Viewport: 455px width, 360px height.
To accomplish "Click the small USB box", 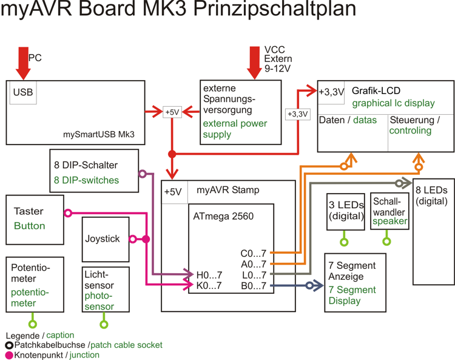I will pyautogui.click(x=23, y=93).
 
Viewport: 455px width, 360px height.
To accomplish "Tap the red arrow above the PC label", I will pyautogui.click(x=23, y=61).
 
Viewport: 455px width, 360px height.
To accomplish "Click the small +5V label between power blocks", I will pyautogui.click(x=172, y=112).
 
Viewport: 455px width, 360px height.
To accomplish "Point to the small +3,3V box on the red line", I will pyautogui.click(x=297, y=114).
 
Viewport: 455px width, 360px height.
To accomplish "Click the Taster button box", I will pyautogui.click(x=35, y=219).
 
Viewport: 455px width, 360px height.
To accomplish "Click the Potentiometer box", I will pyautogui.click(x=34, y=285).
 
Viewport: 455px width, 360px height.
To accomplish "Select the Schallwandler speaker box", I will pyautogui.click(x=390, y=212).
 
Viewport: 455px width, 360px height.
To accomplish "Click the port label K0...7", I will pyautogui.click(x=209, y=285).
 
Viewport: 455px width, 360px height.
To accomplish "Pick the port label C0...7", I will pyautogui.click(x=253, y=253).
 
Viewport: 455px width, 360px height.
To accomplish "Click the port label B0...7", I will pyautogui.click(x=253, y=285).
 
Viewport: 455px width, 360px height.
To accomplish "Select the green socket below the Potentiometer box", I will pyautogui.click(x=33, y=324).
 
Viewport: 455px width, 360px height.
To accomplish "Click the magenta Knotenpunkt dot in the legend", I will pyautogui.click(x=8, y=355).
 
